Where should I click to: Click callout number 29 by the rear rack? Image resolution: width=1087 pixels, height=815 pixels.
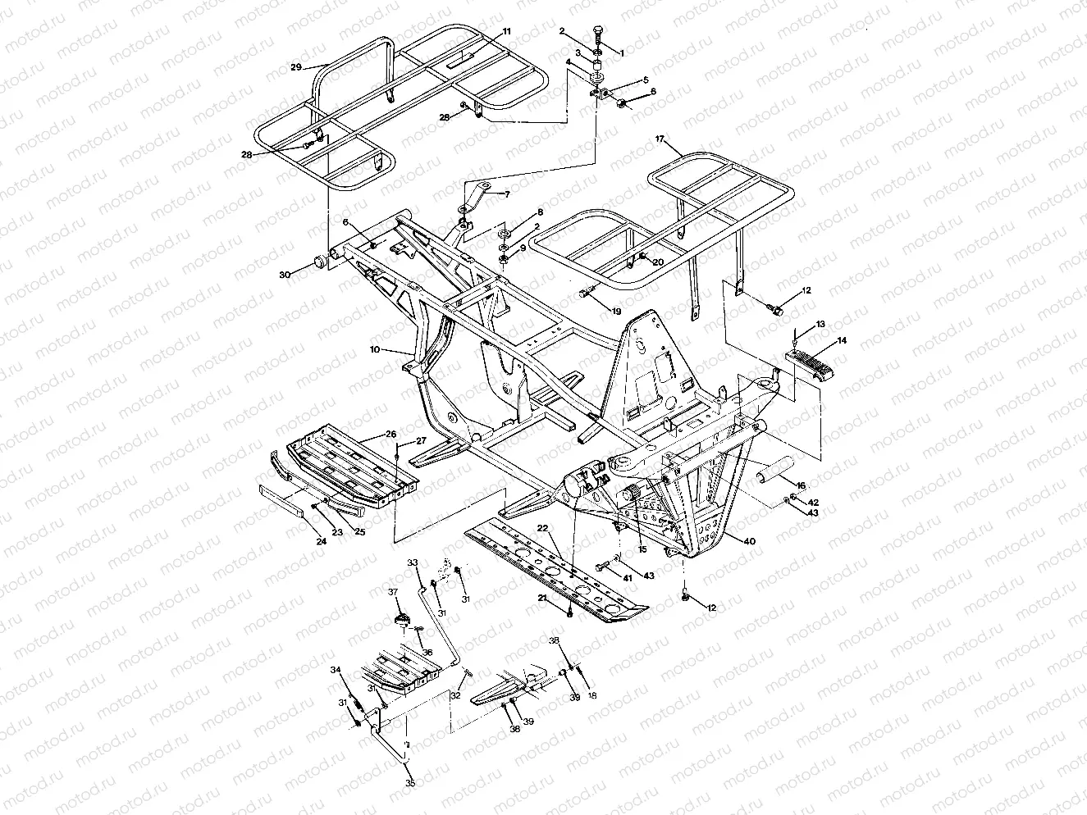point(296,66)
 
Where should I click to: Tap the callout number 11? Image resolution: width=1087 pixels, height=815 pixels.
point(506,31)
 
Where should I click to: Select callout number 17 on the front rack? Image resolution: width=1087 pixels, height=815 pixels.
point(659,139)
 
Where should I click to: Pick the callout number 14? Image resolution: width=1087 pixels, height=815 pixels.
point(820,339)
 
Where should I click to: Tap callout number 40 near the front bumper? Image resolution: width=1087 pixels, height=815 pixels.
point(748,541)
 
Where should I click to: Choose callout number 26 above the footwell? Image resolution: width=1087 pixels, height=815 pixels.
point(390,433)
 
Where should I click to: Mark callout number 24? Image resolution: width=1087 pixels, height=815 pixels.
point(322,541)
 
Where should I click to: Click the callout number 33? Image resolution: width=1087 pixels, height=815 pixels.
point(413,563)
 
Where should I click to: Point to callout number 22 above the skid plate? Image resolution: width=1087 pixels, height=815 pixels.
point(542,527)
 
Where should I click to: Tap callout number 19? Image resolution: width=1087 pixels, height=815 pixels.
point(616,312)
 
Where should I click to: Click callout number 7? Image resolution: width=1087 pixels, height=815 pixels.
point(506,194)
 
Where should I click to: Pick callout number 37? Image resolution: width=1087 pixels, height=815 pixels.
point(393,592)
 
